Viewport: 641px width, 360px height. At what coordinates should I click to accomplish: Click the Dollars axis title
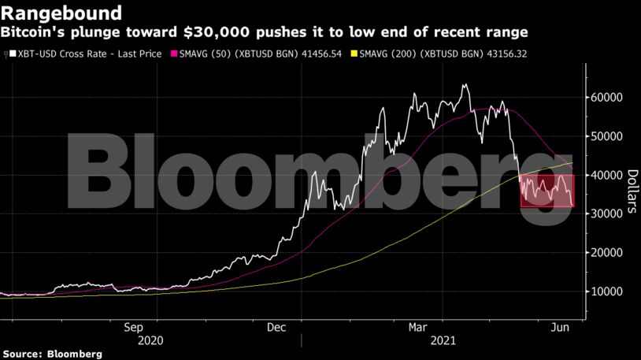click(632, 192)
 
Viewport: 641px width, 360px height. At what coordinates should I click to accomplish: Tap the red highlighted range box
click(547, 191)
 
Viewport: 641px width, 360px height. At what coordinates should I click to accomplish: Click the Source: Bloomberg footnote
click(51, 354)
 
